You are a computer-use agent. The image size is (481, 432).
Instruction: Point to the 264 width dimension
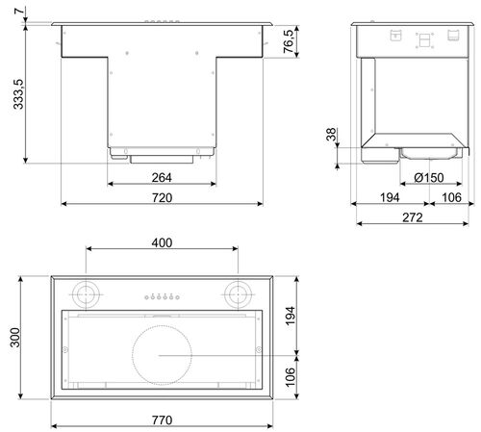pyautogui.click(x=162, y=178)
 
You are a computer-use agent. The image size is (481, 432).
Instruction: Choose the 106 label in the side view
pyautogui.click(x=448, y=197)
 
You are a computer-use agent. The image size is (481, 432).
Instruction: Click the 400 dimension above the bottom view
pyautogui.click(x=162, y=242)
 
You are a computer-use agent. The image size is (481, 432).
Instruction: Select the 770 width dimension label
pyautogui.click(x=162, y=420)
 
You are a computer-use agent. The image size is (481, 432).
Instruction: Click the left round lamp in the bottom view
pyautogui.click(x=89, y=292)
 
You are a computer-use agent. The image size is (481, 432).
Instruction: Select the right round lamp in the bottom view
pyautogui.click(x=236, y=292)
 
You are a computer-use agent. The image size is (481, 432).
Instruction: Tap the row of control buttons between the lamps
pyautogui.click(x=162, y=296)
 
